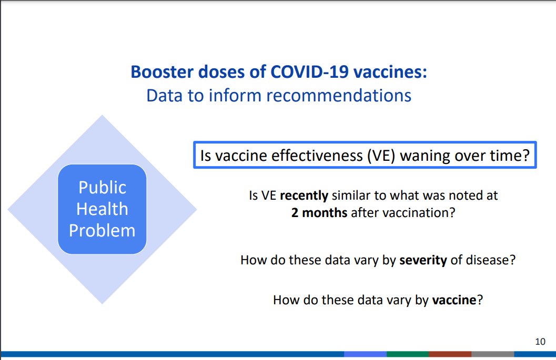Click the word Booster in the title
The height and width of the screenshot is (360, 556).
(x=163, y=72)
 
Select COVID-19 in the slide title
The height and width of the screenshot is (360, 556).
(x=310, y=72)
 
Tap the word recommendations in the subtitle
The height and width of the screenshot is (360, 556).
(x=339, y=96)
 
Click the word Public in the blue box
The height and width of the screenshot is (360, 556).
(x=102, y=188)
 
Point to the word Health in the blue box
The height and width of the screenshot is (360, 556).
(x=102, y=209)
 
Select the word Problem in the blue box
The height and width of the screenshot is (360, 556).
(x=102, y=230)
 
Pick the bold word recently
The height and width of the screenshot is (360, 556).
(x=304, y=196)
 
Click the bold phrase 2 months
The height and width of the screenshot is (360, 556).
(x=319, y=213)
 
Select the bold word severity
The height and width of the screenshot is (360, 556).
(x=423, y=261)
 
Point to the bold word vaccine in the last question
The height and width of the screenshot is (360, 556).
(x=454, y=300)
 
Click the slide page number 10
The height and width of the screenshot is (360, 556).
(x=540, y=342)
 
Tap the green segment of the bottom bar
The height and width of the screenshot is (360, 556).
(x=408, y=354)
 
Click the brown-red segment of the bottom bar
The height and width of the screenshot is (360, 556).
(x=450, y=354)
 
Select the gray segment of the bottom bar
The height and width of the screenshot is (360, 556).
(x=492, y=354)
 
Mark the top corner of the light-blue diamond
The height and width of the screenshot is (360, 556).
(x=102, y=115)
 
